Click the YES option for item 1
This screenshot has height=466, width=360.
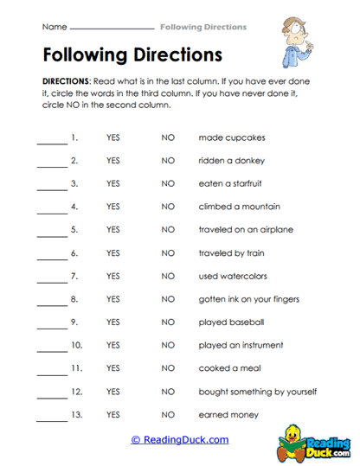pyautogui.click(x=112, y=137)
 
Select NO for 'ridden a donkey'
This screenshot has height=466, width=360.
pyautogui.click(x=168, y=161)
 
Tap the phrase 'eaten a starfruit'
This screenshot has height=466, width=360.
pyautogui.click(x=230, y=183)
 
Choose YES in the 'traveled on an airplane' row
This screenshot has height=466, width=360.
pyautogui.click(x=112, y=230)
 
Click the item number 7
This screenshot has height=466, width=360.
pyautogui.click(x=74, y=276)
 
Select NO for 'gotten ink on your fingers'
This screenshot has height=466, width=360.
pyautogui.click(x=168, y=299)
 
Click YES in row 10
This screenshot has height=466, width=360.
pyautogui.click(x=112, y=346)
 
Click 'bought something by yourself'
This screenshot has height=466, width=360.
pyautogui.click(x=257, y=392)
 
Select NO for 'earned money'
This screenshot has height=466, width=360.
pyautogui.click(x=168, y=415)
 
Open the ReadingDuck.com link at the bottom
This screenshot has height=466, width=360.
pyautogui.click(x=180, y=440)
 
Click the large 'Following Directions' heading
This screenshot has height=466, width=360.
pyautogui.click(x=132, y=54)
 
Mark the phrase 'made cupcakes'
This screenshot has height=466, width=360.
pyautogui.click(x=232, y=137)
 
